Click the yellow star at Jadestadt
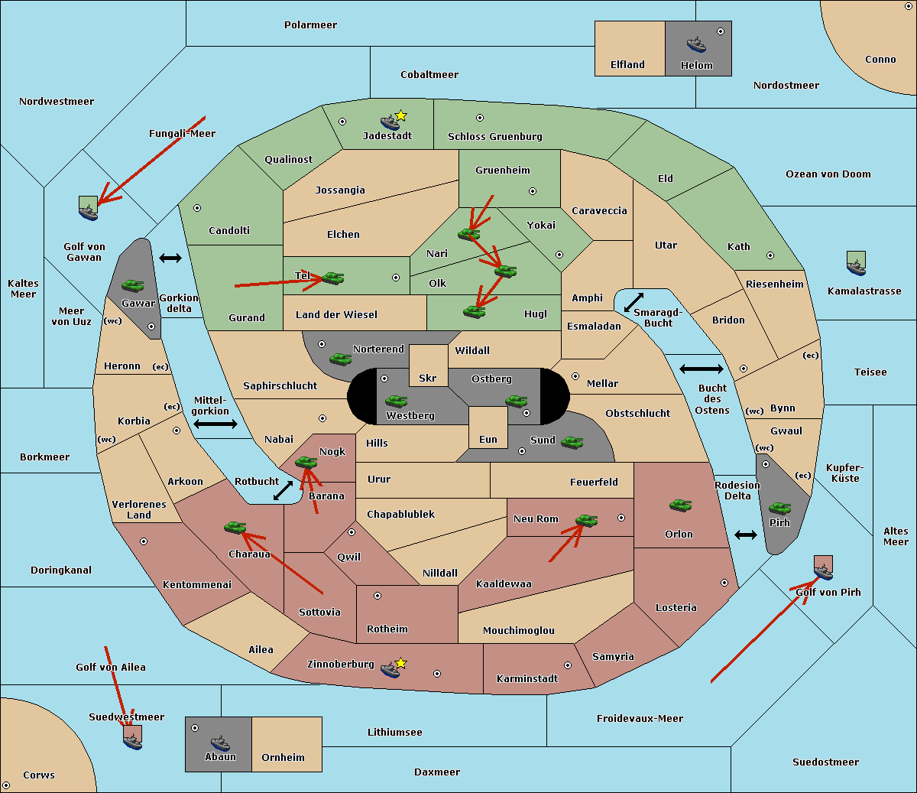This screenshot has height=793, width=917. coord(401,115)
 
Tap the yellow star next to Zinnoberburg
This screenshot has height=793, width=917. coord(400,663)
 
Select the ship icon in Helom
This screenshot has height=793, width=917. coord(695,44)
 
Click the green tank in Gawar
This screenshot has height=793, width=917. coord(132,285)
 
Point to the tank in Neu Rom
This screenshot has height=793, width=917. coord(586,520)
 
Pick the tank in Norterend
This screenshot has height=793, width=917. coord(340,358)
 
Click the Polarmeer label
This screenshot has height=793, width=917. coord(310,25)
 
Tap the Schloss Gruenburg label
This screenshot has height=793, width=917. coord(494,137)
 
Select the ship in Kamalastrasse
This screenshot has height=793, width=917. coord(856,264)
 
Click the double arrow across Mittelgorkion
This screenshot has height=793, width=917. coord(215,424)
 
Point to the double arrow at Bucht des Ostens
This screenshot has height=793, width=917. coord(701,369)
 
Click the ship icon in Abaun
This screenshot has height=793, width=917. coord(220,743)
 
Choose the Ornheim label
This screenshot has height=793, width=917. coord(283,758)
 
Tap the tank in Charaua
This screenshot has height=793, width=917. coord(235,527)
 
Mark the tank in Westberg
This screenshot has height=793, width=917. coord(396,401)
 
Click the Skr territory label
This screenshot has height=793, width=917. coord(427,379)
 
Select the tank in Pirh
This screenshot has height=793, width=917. coord(779,508)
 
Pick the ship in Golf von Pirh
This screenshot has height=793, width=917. coord(823,569)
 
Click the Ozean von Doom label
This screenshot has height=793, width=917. coord(828,174)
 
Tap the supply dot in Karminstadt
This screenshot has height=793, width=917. coord(567,665)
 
